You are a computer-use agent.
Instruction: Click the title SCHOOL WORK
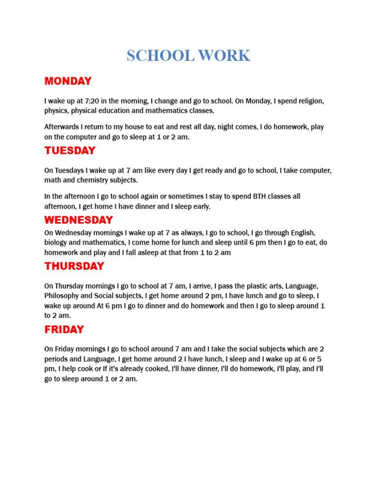coord(188,55)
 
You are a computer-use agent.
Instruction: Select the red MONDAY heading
coord(68,81)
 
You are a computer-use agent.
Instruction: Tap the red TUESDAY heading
coord(70,151)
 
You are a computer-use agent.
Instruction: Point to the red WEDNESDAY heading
coord(79,220)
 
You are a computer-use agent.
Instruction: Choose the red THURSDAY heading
coord(74,266)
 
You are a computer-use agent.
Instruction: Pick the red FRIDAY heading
coord(64,329)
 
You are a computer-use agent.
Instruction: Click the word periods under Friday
coord(56,359)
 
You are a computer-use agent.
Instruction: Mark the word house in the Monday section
coord(131,126)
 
